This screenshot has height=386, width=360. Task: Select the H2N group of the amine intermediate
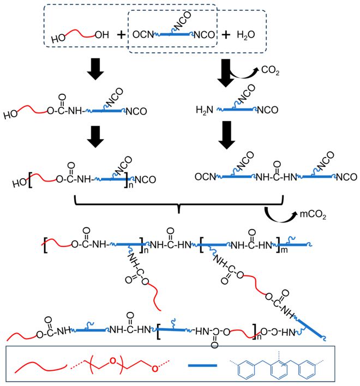coord(205,110)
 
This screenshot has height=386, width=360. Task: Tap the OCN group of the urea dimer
coord(205,177)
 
